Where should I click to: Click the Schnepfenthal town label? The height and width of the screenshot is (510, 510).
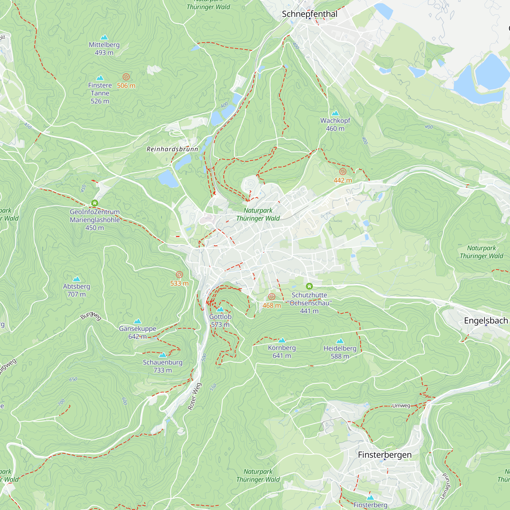309,14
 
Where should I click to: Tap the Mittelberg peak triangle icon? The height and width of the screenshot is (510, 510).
104,37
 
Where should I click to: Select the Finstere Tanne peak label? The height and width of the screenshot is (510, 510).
100,93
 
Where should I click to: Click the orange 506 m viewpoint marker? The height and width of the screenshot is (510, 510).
126,77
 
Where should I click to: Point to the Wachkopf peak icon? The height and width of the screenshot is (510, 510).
335,113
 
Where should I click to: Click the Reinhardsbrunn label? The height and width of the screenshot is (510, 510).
172,149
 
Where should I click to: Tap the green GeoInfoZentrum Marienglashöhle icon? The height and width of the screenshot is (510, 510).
95,203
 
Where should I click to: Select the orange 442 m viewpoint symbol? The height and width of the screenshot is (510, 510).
343,172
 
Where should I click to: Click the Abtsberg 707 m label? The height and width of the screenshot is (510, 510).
76,290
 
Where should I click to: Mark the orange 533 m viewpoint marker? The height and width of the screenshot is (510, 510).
180,275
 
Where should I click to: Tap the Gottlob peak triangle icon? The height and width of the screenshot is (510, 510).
220,309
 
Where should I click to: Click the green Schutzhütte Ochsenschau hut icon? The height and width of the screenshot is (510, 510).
309,286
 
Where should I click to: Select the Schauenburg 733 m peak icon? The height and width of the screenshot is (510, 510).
163,354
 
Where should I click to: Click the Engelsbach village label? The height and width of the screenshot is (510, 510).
486,321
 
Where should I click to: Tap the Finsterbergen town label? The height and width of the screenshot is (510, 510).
385,455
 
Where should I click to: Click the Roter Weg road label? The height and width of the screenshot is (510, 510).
195,397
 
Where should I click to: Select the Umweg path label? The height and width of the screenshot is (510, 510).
401,405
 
